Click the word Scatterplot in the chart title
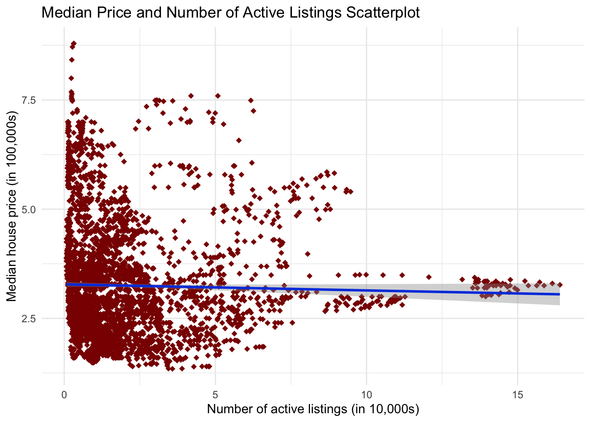pyautogui.click(x=383, y=12)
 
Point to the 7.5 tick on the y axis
pyautogui.click(x=29, y=100)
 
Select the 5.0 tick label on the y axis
pyautogui.click(x=29, y=209)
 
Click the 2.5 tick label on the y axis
pyautogui.click(x=29, y=318)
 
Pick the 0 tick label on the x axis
pyautogui.click(x=65, y=394)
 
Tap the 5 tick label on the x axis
pyautogui.click(x=215, y=394)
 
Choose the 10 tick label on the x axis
pyautogui.click(x=366, y=394)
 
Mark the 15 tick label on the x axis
pyautogui.click(x=518, y=394)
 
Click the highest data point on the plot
pyautogui.click(x=73, y=44)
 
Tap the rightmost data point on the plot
pyautogui.click(x=560, y=285)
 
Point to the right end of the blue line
pyautogui.click(x=560, y=294)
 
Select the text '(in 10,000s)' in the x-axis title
pyautogui.click(x=385, y=409)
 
